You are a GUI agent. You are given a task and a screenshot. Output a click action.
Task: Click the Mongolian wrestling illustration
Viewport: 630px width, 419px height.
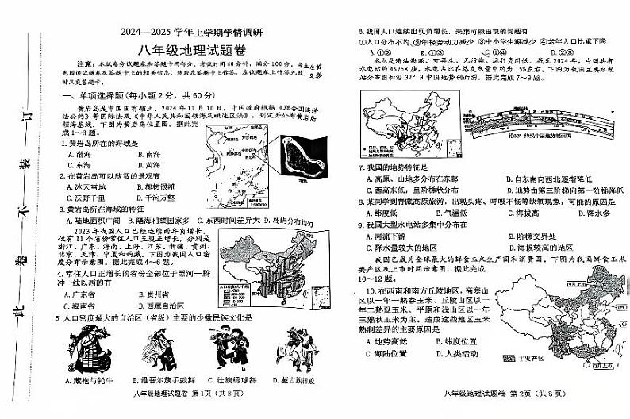point(292,350)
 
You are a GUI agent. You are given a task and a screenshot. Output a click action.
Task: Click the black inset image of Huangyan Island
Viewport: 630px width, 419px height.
point(300,161)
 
